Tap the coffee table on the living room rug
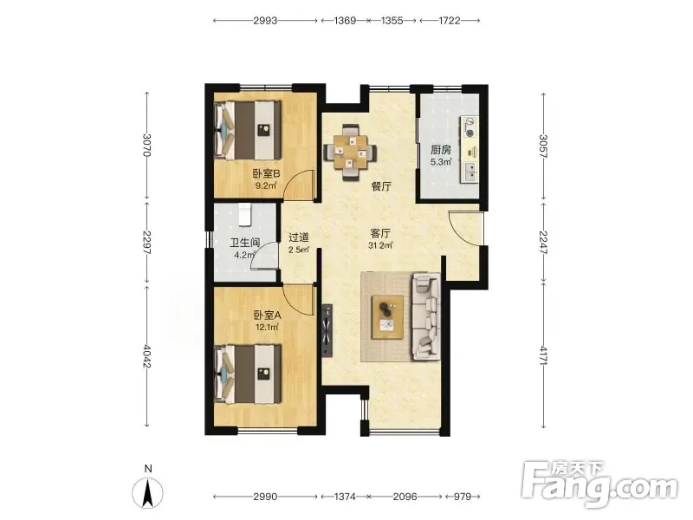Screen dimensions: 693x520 (x=387, y=317)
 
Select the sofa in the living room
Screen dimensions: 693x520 (x=426, y=316)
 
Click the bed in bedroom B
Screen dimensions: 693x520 (x=248, y=131)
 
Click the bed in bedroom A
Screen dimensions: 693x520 (x=248, y=374)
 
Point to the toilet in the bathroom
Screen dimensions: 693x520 (x=245, y=214)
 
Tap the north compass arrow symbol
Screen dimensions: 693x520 (x=147, y=493)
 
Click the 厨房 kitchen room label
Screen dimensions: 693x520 (x=441, y=150)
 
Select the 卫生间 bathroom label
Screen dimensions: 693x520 (x=245, y=243)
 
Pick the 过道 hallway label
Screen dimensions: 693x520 (x=298, y=237)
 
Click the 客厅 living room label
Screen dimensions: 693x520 (x=380, y=233)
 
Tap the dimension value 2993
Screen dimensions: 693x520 (x=265, y=21)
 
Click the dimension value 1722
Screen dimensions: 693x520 (x=450, y=21)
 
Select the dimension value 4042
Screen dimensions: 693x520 (x=147, y=356)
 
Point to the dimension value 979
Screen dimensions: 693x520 (x=463, y=497)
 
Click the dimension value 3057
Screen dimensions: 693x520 (x=543, y=146)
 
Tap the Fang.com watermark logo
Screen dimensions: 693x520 (x=599, y=484)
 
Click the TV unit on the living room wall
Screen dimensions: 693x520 (x=327, y=330)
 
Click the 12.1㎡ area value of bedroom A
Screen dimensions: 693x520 (x=267, y=328)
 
